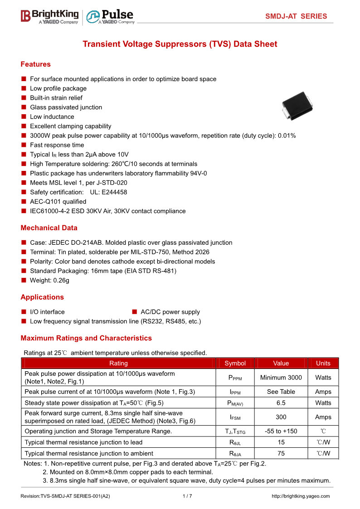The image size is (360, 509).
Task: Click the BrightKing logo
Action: pos(49,16)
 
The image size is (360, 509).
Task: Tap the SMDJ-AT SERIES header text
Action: pos(296,16)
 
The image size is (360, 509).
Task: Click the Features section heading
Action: pos(35,64)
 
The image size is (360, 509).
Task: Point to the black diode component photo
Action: pos(297,106)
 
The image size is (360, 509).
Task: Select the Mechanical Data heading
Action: pos(49,228)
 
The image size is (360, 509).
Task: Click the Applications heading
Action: pos(42,297)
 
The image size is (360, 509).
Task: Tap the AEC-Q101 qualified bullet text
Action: pos(58,202)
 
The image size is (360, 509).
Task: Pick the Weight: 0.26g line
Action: pos(49,281)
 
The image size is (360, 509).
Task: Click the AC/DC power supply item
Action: pos(170,312)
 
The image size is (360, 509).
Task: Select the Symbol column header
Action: pos(235,363)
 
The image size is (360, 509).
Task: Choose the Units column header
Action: pos(323,363)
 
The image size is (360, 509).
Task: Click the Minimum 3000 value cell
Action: pos(281,378)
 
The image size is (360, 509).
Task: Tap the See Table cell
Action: pos(281,392)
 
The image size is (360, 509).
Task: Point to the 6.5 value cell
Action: pos(281,403)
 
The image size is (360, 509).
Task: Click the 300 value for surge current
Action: pos(281,417)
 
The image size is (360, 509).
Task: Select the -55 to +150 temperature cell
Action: pos(281,431)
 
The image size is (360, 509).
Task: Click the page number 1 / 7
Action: pos(187,496)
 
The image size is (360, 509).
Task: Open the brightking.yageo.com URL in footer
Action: pos(301,496)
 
